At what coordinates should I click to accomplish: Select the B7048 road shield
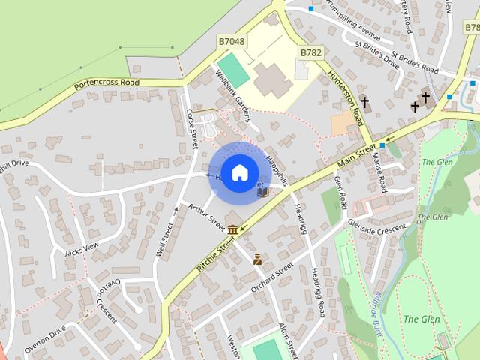click(231, 41)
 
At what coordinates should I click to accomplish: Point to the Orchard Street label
click(271, 275)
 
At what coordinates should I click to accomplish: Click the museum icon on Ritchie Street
click(233, 229)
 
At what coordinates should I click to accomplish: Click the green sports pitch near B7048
click(235, 69)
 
